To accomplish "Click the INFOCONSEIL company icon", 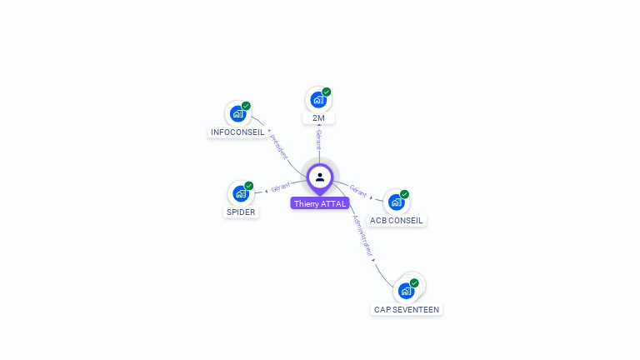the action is [237, 113].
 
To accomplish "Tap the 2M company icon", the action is [317, 100].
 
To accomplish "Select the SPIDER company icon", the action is [241, 193].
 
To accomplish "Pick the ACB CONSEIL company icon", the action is [396, 202].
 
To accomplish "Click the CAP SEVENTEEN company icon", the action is [406, 291].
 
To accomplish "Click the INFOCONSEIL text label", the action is [237, 132].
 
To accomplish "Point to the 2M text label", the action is [318, 118].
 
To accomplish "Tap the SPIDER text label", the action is [241, 212].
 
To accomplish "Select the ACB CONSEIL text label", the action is [397, 221].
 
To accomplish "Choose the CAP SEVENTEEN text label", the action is [406, 309].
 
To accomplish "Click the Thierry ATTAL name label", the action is [320, 203].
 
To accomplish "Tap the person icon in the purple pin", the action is [320, 177].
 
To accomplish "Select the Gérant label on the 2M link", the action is [318, 140].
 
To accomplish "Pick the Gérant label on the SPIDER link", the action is [281, 187].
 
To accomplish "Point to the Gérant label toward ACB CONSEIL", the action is [358, 192].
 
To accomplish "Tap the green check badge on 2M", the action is [327, 92].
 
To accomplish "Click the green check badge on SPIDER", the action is [249, 186].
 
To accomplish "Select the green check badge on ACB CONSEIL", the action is [404, 194].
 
